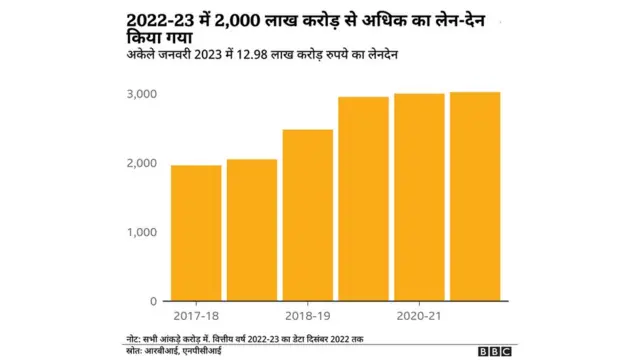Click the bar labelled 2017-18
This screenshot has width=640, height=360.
[x=195, y=232]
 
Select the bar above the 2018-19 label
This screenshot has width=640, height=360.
[x=307, y=214]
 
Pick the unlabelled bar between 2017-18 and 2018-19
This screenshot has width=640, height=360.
[x=251, y=229]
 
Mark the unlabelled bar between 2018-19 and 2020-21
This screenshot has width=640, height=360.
[x=363, y=198]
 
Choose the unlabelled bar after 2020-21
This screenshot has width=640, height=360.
[x=475, y=196]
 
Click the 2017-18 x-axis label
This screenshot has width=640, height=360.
[x=195, y=316]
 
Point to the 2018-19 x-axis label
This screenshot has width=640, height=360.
[x=307, y=316]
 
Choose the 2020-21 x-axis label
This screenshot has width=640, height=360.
[x=419, y=316]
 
